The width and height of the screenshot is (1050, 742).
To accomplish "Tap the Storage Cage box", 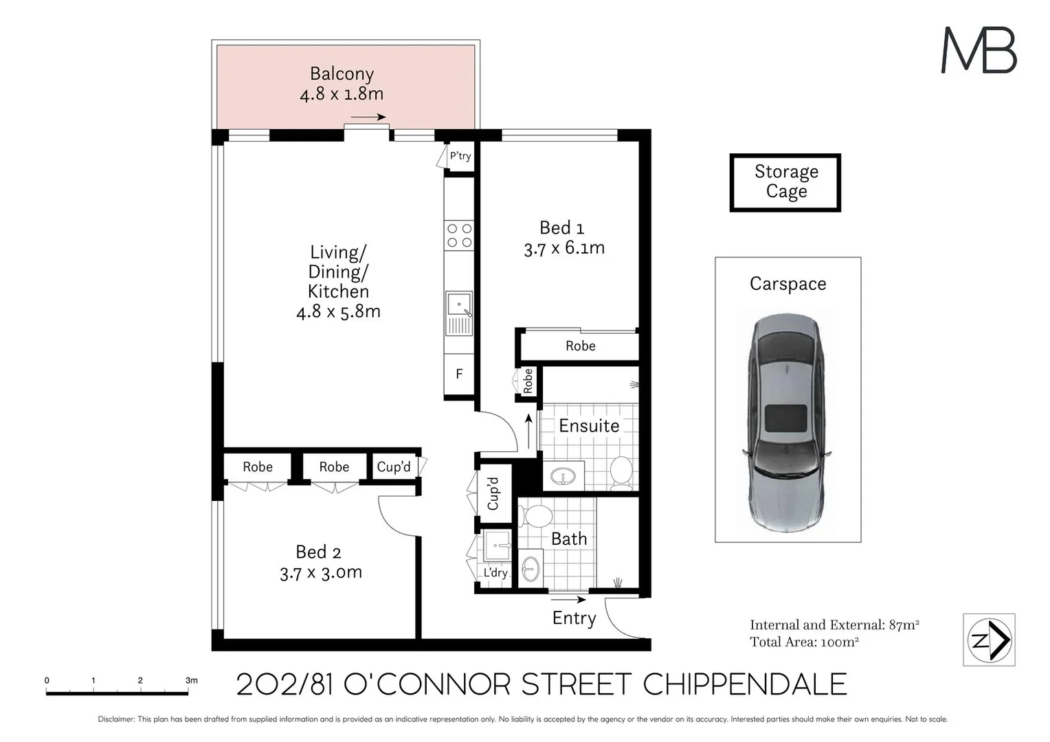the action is pyautogui.click(x=785, y=182).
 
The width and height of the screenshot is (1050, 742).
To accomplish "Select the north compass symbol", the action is pyautogui.click(x=989, y=640).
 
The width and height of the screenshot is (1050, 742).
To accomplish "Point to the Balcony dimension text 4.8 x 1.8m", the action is pyautogui.click(x=342, y=93).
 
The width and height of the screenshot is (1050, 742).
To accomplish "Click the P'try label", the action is pyautogui.click(x=460, y=156).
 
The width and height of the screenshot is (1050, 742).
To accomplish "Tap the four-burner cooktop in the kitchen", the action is pyautogui.click(x=459, y=235).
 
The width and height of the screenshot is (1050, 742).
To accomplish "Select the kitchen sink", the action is pyautogui.click(x=459, y=313).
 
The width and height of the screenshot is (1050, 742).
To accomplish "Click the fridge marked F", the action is pyautogui.click(x=459, y=374).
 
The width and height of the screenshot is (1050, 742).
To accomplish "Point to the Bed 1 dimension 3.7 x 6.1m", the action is pyautogui.click(x=564, y=248).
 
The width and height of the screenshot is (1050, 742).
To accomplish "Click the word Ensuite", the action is pyautogui.click(x=589, y=425).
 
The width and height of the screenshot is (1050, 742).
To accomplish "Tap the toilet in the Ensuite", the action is pyautogui.click(x=622, y=473).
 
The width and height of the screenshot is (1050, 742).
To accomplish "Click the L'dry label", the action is pyautogui.click(x=495, y=572).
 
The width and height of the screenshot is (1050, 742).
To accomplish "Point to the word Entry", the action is pyautogui.click(x=574, y=618).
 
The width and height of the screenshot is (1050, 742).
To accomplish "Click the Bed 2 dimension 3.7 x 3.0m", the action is pyautogui.click(x=321, y=572).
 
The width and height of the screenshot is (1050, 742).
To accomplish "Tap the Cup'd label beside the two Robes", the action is pyautogui.click(x=394, y=467).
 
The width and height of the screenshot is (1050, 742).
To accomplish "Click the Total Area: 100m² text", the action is pyautogui.click(x=805, y=642).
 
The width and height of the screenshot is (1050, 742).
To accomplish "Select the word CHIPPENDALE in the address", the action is pyautogui.click(x=745, y=684).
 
